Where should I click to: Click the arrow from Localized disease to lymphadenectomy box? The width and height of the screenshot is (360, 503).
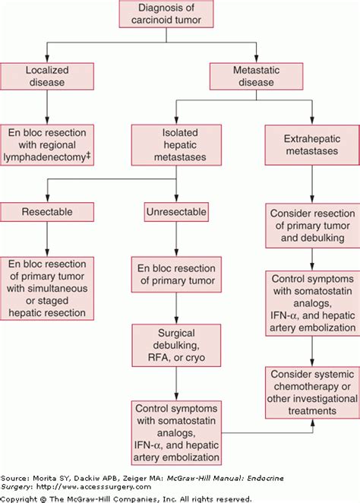point(48,111)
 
